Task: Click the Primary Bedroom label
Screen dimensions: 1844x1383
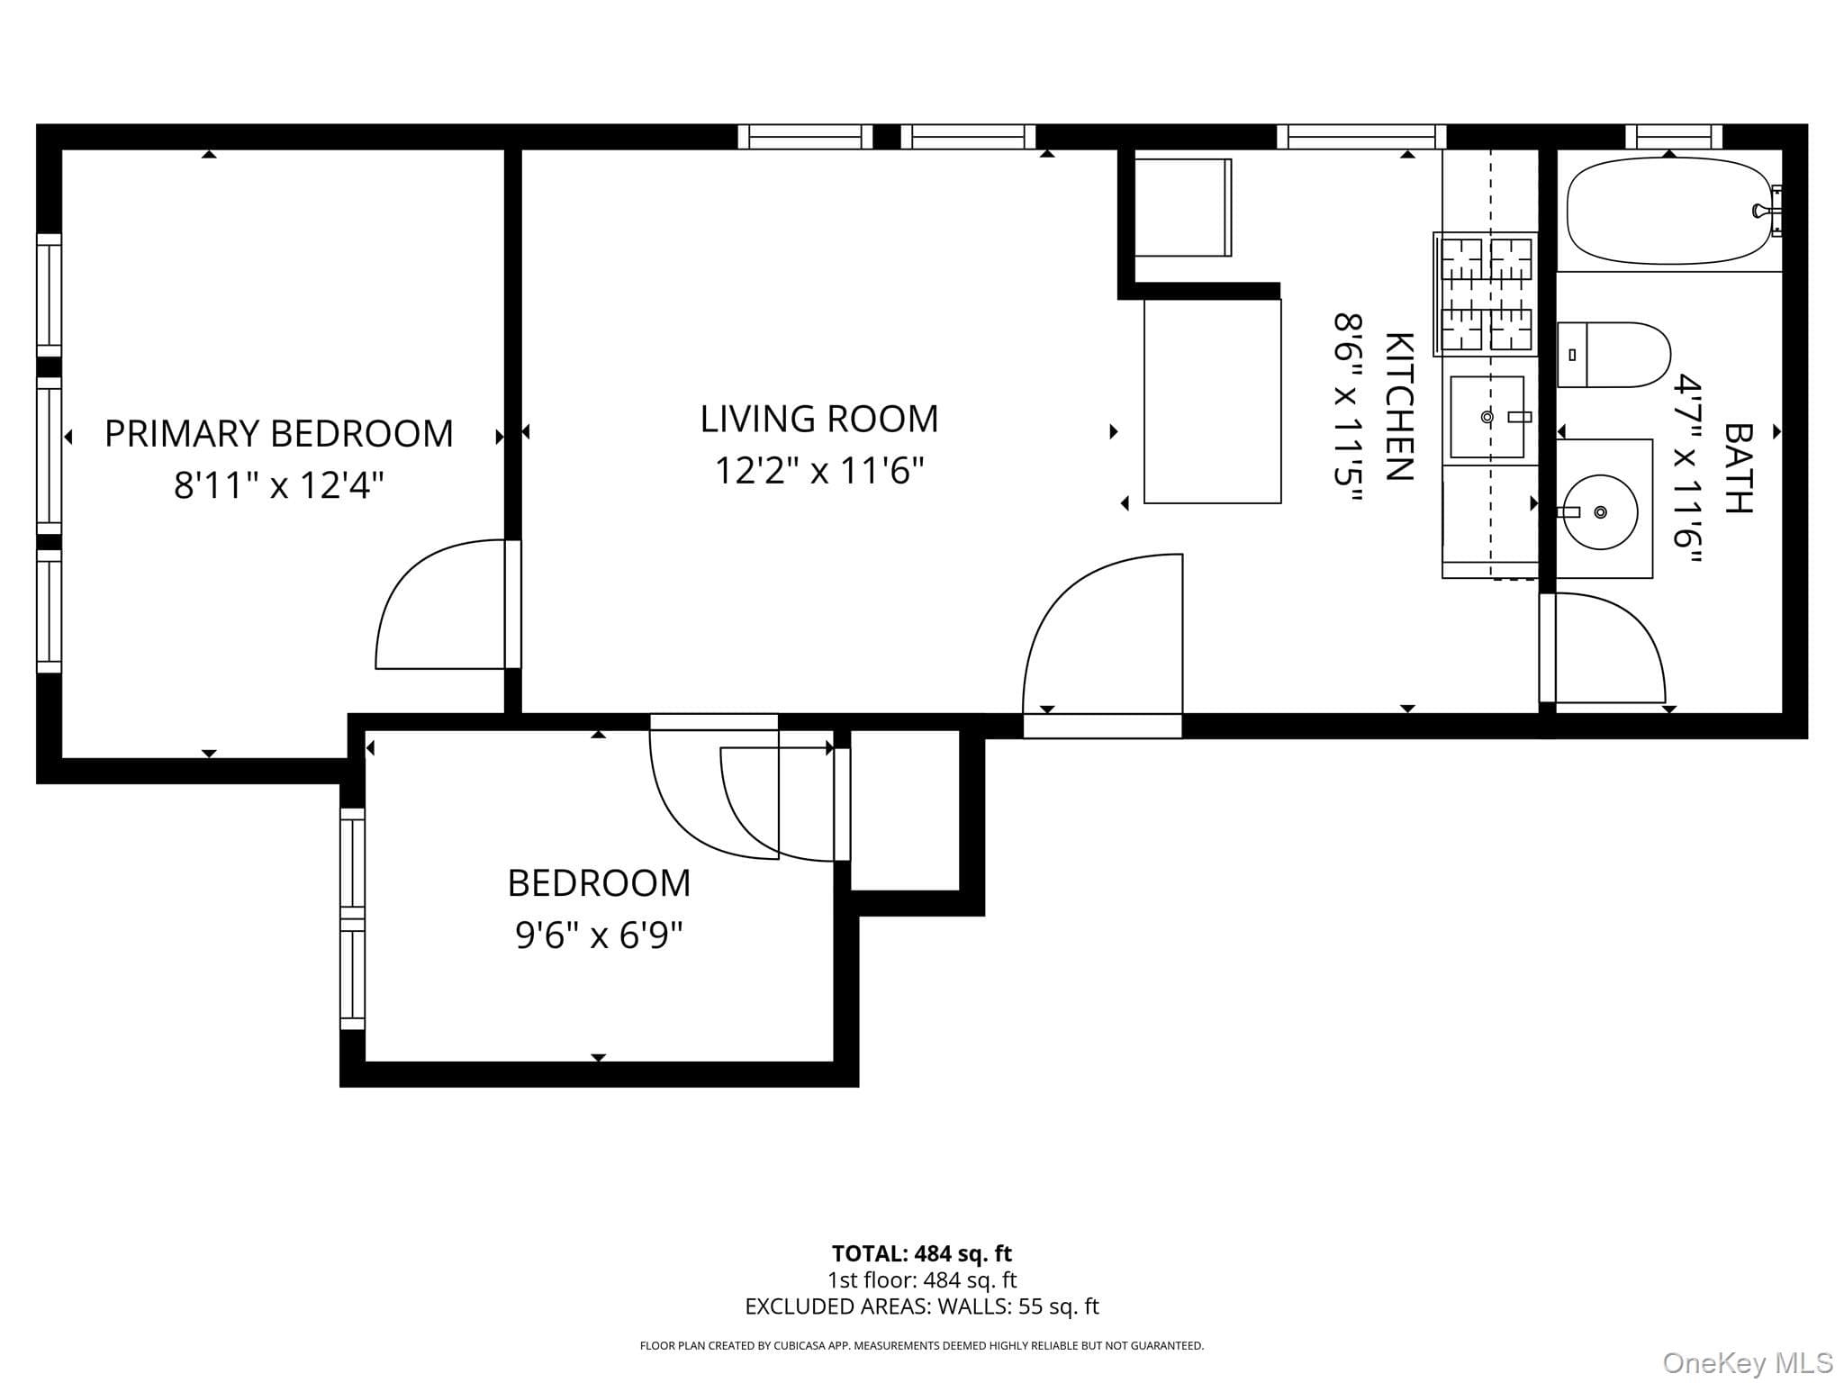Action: (278, 434)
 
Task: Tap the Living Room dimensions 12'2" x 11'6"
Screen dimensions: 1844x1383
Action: (819, 470)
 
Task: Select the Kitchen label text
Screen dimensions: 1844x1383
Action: (1398, 406)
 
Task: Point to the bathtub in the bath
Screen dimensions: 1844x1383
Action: (1670, 211)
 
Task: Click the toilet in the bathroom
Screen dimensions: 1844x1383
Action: (1613, 355)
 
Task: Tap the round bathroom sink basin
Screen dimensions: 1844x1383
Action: (1600, 512)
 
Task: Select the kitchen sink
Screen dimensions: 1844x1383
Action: (1487, 417)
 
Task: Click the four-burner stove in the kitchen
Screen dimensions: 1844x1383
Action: (1486, 294)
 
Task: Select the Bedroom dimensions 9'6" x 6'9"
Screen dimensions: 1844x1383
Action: (599, 936)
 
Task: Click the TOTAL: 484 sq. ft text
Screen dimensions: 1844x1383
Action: (922, 1253)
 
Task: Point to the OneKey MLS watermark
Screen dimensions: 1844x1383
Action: (1748, 1363)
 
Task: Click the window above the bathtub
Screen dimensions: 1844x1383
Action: (1674, 137)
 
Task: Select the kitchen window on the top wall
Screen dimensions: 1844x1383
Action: (1361, 137)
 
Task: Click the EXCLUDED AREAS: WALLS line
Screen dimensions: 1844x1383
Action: (922, 1306)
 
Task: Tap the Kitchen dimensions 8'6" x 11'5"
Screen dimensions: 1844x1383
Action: (1348, 411)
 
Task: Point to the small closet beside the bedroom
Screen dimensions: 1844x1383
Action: (905, 810)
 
